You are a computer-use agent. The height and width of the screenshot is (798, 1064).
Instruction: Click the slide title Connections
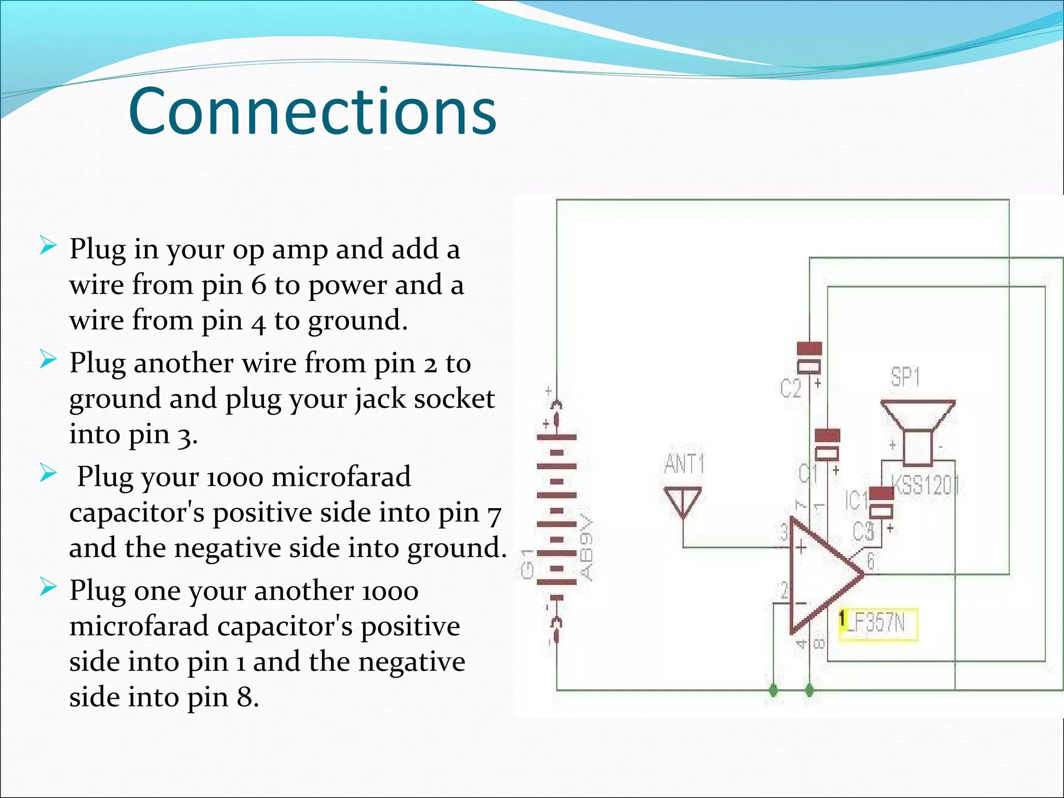[x=312, y=111]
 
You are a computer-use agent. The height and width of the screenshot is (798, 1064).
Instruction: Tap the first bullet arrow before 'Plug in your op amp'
[x=47, y=245]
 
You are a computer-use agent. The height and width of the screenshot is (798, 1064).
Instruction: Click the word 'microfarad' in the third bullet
[x=341, y=477]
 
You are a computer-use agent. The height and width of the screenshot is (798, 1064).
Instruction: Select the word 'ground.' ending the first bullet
[x=358, y=321]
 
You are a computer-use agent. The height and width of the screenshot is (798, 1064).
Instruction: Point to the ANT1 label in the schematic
[x=684, y=464]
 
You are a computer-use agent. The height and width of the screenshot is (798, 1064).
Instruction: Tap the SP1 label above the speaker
[x=905, y=377]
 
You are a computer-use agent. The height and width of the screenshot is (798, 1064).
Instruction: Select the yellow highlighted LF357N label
[x=879, y=623]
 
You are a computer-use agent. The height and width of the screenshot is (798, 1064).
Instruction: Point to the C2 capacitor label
[x=791, y=388]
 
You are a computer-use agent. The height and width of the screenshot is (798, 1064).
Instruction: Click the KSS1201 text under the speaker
[x=925, y=486]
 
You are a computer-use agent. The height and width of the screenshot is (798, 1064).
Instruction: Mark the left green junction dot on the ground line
[x=774, y=690]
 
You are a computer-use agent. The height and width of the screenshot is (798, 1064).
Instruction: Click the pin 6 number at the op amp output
[x=871, y=561]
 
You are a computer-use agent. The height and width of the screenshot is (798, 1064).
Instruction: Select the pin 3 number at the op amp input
[x=784, y=531]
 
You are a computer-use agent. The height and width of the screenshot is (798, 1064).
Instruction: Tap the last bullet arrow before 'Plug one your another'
[x=47, y=588]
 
